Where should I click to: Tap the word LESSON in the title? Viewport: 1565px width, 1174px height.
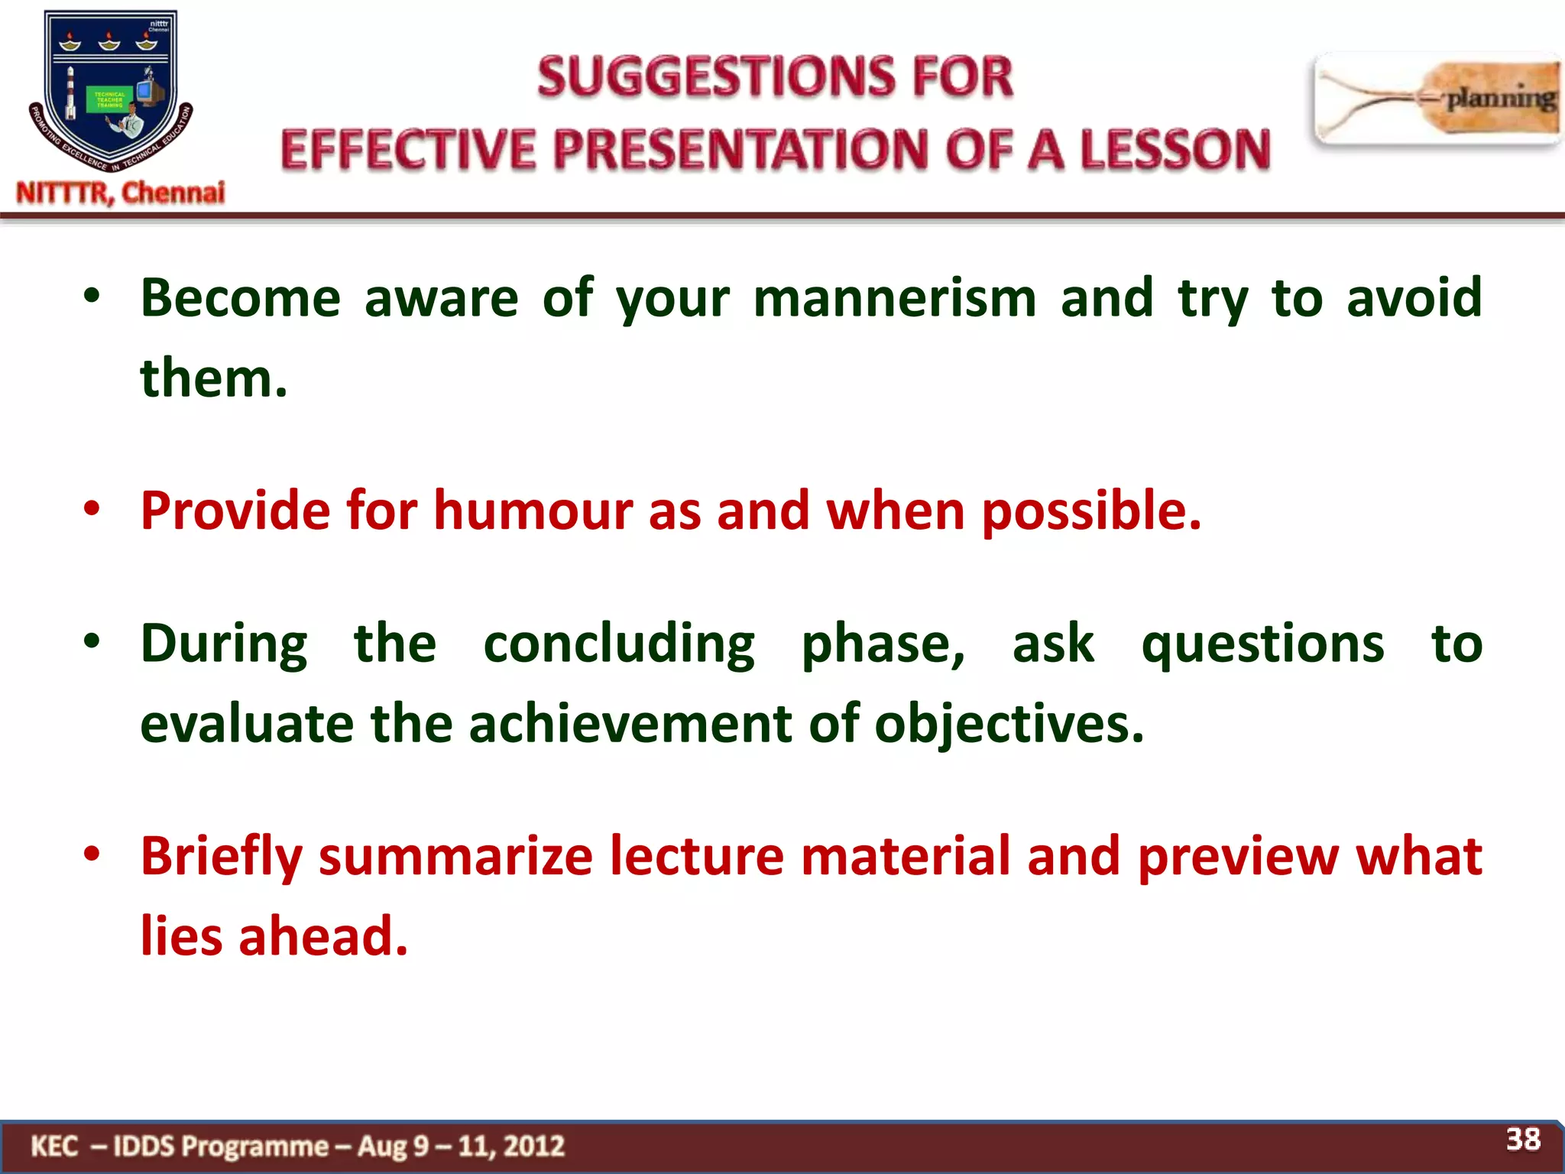click(x=1175, y=149)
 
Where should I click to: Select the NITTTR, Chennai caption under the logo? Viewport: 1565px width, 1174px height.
click(x=121, y=193)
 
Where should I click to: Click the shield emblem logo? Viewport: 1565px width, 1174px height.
click(x=111, y=90)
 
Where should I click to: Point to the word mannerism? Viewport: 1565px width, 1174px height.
click(x=895, y=298)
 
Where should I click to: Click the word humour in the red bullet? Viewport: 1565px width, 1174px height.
click(x=533, y=511)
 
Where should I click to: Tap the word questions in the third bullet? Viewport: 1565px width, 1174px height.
click(x=1262, y=644)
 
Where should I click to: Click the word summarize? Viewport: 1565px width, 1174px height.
click(x=455, y=856)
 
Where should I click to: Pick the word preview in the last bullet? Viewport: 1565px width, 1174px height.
click(x=1238, y=856)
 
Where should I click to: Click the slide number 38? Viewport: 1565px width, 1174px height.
click(x=1523, y=1140)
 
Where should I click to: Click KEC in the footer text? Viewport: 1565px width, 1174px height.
click(x=54, y=1146)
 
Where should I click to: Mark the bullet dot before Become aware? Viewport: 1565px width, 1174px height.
click(x=92, y=299)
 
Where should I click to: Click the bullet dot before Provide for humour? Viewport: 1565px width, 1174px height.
click(x=92, y=511)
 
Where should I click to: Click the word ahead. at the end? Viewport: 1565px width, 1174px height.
click(x=323, y=936)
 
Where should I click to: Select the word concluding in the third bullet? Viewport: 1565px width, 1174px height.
click(x=619, y=644)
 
